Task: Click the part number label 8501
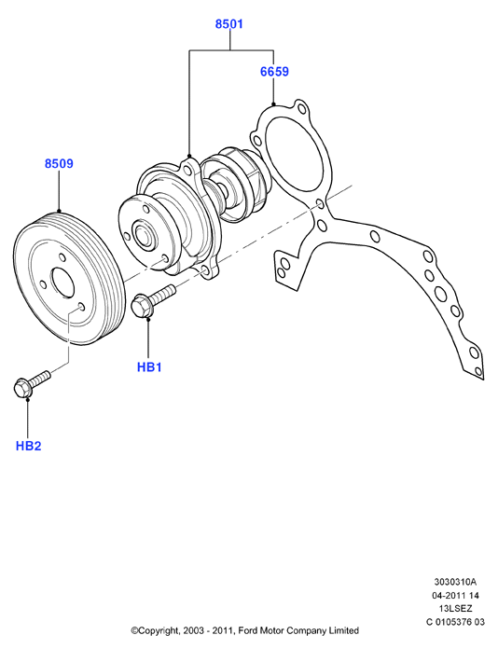[228, 24]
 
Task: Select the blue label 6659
[274, 72]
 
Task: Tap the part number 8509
[59, 163]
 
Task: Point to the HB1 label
[149, 366]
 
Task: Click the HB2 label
[29, 446]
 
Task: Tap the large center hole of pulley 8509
[62, 283]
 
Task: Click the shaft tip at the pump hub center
[144, 236]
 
